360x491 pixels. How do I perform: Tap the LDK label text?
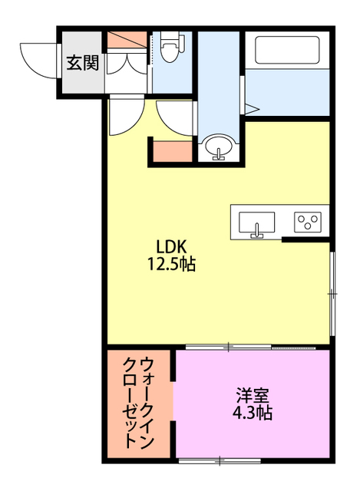[172, 248]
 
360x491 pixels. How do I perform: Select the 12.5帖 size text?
[172, 265]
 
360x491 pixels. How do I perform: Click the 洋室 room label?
[253, 397]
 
